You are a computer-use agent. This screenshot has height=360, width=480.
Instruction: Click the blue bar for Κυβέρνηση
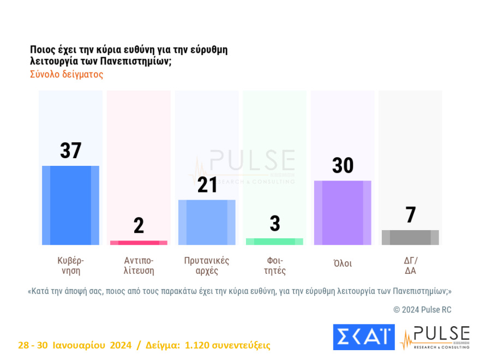pos(70,205)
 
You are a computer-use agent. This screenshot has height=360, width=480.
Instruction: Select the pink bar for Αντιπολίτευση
pos(139,242)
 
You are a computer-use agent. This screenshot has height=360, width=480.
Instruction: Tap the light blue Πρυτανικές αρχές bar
pos(207,222)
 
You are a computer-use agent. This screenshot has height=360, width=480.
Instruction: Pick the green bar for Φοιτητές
pos(274,241)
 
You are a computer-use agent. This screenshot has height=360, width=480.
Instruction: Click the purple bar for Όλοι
pos(343,213)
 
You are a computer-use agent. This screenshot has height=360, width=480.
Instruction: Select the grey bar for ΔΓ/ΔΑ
pos(410,237)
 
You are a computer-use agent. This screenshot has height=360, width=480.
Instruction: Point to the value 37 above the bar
pos(70,151)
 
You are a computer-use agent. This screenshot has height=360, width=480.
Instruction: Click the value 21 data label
pos(207,185)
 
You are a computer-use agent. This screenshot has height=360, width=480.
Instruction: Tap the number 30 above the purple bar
pos(343,165)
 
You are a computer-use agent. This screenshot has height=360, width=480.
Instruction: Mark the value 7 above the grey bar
pos(410,215)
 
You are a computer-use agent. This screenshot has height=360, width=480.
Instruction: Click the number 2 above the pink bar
pos(139,225)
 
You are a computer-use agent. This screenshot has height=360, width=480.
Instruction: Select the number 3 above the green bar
pos(274,224)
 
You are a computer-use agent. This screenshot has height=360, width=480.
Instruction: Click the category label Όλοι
pos(343,263)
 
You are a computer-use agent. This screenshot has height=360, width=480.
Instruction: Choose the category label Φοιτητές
pos(274,265)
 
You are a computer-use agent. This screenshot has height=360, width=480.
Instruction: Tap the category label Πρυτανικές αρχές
pos(207,265)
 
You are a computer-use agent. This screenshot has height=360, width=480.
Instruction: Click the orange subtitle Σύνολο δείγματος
pos(67,75)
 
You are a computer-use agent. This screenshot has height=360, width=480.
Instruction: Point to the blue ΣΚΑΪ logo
pos(363,337)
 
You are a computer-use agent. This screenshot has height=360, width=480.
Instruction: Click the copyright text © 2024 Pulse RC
pos(422,310)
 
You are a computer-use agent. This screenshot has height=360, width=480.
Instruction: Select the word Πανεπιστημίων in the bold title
pos(136,62)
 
